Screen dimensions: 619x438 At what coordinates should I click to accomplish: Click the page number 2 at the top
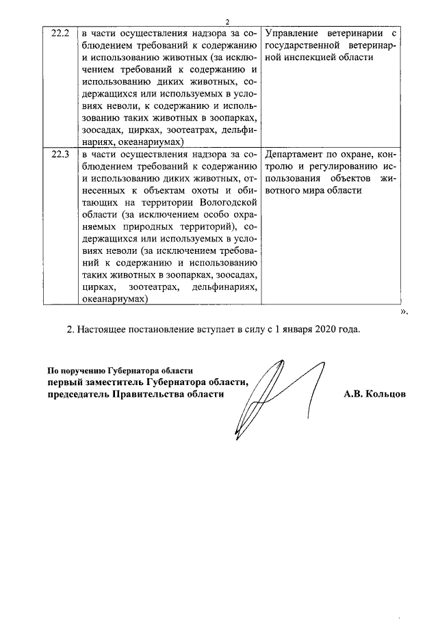click(x=227, y=22)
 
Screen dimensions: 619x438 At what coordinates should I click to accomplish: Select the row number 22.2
click(x=61, y=33)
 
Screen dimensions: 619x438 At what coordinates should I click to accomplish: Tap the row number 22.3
click(x=61, y=154)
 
